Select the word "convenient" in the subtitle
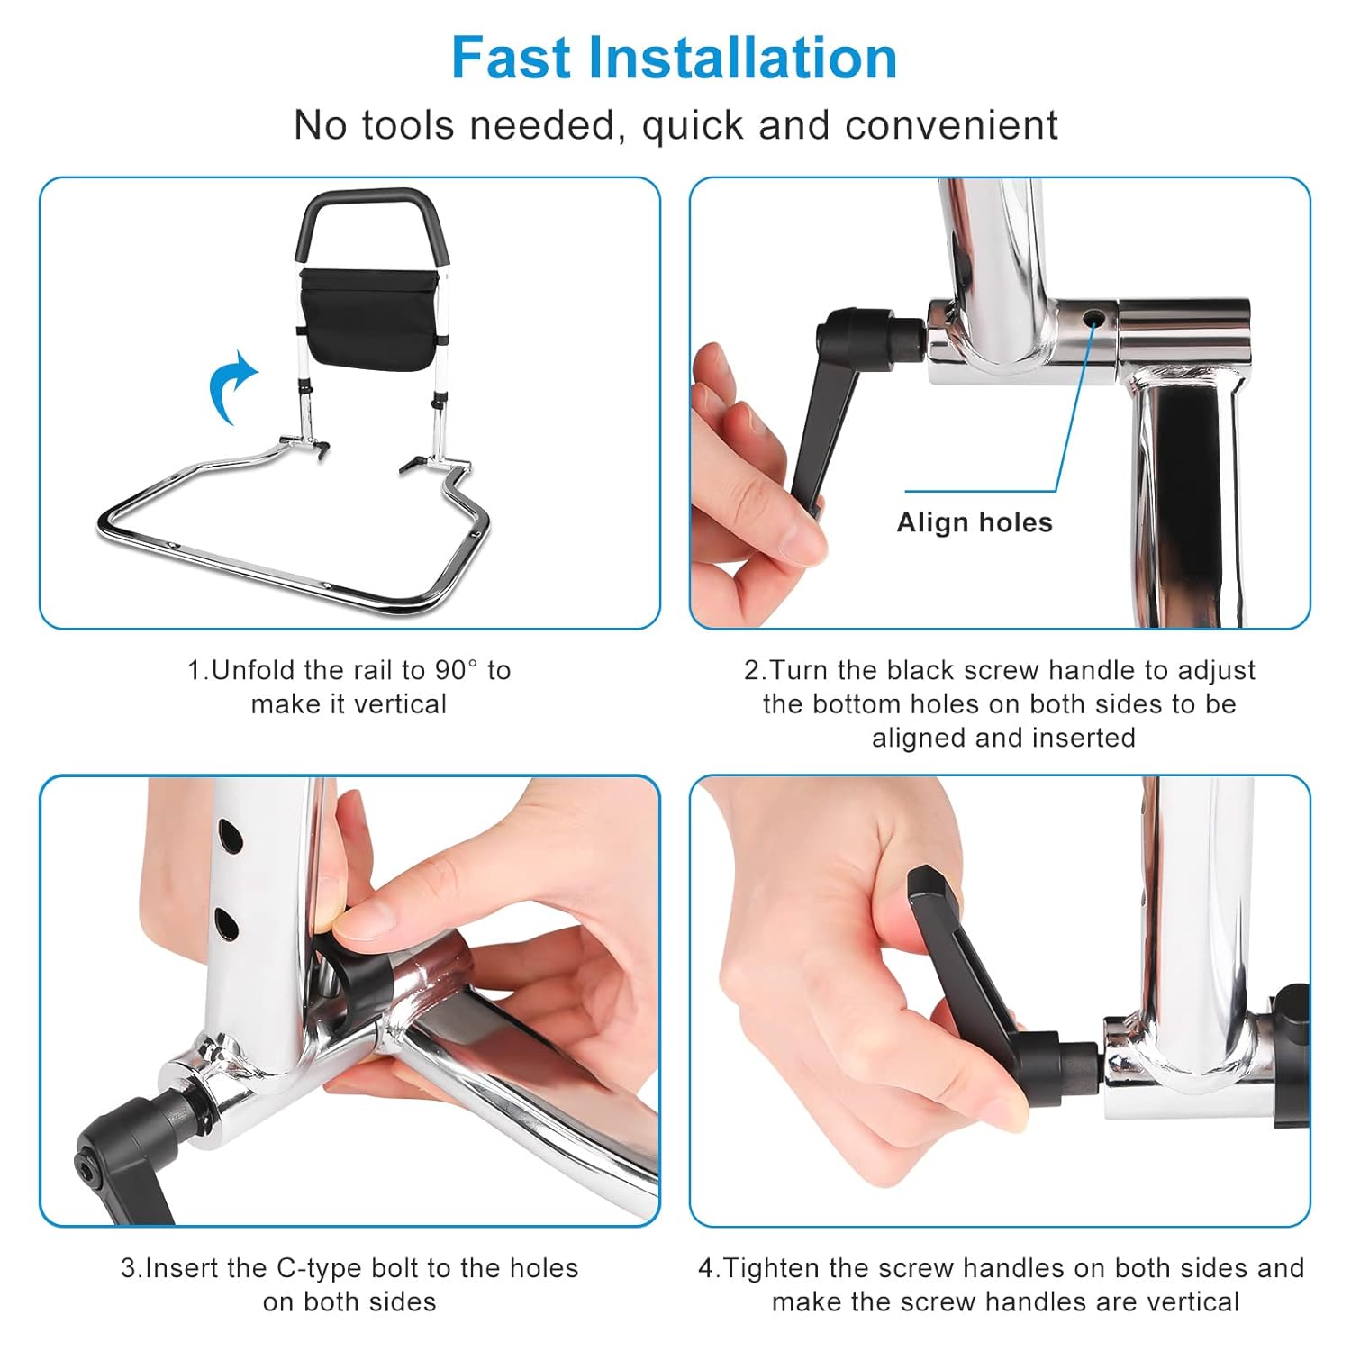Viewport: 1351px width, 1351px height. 951,125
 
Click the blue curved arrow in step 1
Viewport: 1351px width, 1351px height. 232,386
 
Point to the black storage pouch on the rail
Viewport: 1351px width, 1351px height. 371,320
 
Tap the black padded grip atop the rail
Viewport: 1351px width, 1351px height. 372,216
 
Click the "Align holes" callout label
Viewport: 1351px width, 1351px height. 975,522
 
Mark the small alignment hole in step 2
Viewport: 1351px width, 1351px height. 1093,318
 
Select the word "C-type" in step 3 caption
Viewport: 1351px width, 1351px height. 319,1268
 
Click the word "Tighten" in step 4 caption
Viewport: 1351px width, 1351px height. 772,1268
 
